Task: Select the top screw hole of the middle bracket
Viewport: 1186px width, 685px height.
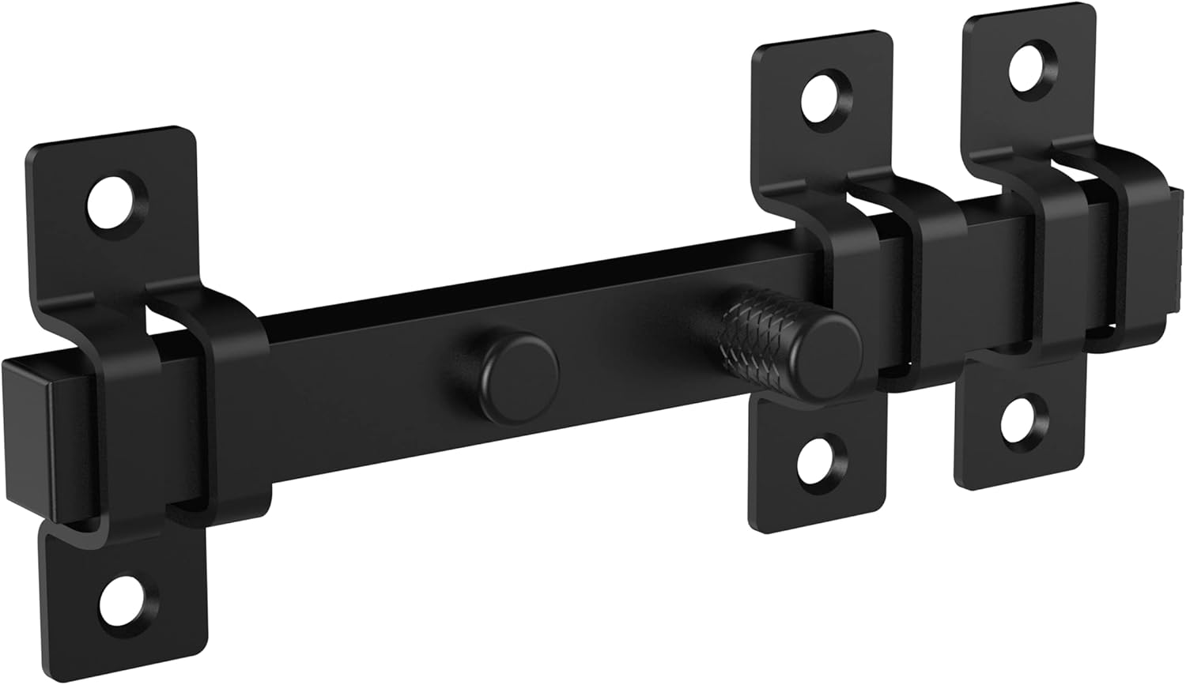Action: pyautogui.click(x=823, y=99)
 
